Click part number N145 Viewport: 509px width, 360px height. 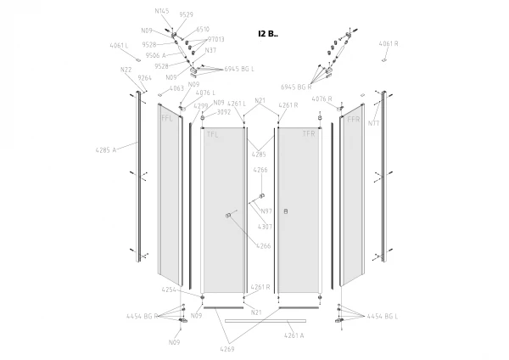point(162,11)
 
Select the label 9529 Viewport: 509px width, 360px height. point(187,14)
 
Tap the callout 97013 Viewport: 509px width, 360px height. point(215,39)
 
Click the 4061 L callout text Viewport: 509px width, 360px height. point(119,45)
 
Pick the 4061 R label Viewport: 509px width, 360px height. point(389,43)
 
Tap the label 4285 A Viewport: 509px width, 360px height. point(105,149)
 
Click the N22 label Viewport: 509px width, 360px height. point(126,70)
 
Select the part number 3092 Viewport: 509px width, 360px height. point(224,112)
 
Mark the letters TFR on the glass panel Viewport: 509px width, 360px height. point(309,134)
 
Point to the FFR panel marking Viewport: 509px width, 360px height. point(353,120)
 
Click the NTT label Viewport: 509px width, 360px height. point(373,123)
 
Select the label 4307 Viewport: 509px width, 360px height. point(265,227)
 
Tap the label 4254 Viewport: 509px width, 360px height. point(170,290)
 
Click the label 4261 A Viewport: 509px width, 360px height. point(294,335)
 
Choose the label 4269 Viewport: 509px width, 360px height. point(227,349)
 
